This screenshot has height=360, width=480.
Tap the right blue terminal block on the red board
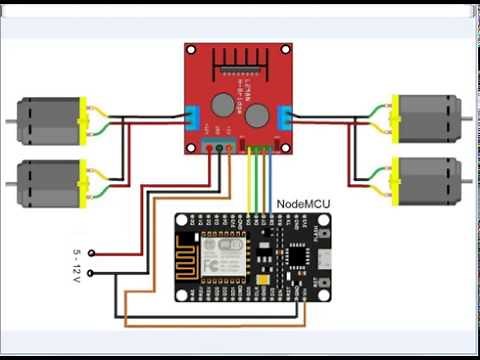tap(286, 120)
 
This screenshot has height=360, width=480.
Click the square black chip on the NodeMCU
tap(297, 255)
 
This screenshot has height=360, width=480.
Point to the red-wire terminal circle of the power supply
tap(92, 253)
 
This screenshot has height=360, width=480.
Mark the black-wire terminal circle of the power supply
tap(92, 272)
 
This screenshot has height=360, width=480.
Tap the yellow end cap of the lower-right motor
tap(397, 180)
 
